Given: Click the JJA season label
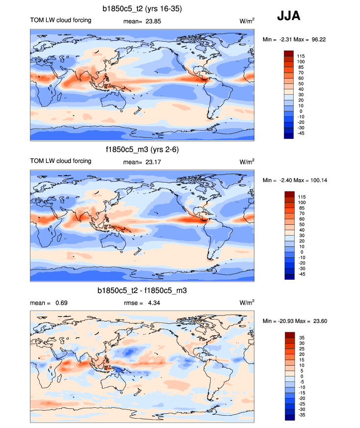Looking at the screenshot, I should point(289,16).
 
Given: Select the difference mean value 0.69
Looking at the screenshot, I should point(61,303).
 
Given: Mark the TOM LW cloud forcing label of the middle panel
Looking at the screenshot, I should point(60,161).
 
